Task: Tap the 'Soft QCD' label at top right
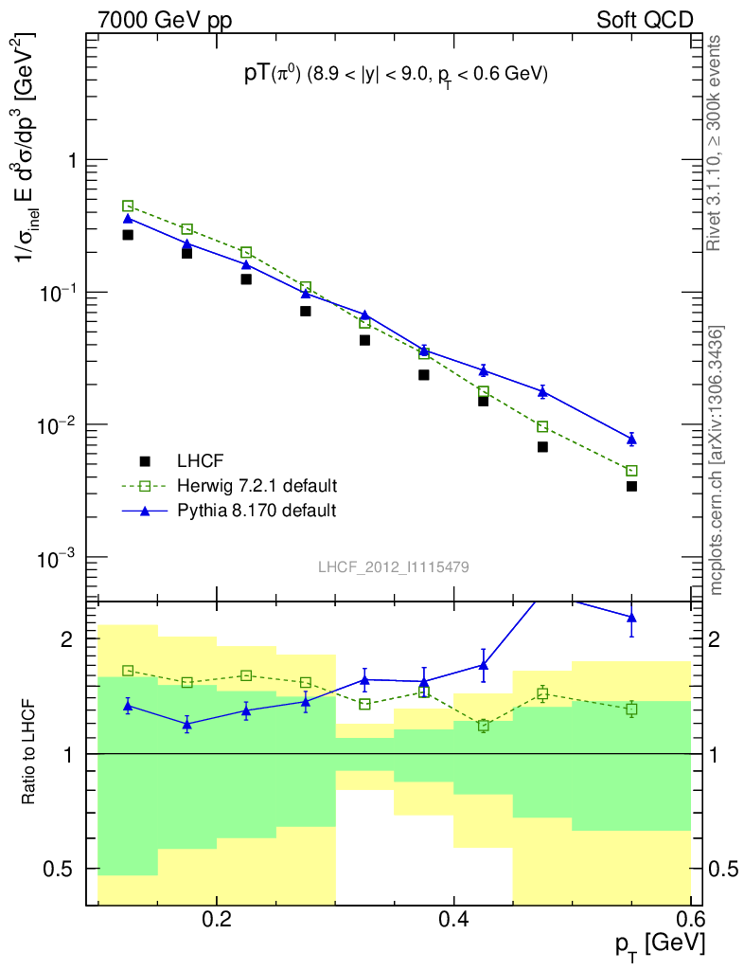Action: coord(645,20)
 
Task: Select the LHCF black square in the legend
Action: coord(145,461)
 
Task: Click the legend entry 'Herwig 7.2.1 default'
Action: coord(257,486)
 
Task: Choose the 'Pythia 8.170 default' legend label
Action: coord(256,511)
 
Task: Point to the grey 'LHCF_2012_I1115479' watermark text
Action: coord(394,566)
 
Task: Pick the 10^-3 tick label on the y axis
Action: coord(60,556)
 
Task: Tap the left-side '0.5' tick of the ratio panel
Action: coord(62,869)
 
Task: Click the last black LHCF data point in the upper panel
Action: coord(631,486)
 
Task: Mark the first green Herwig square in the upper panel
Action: coord(128,206)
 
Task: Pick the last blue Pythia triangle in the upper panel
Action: coord(631,439)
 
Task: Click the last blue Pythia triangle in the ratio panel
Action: coord(631,618)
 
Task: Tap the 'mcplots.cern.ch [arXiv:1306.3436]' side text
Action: coord(717,460)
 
